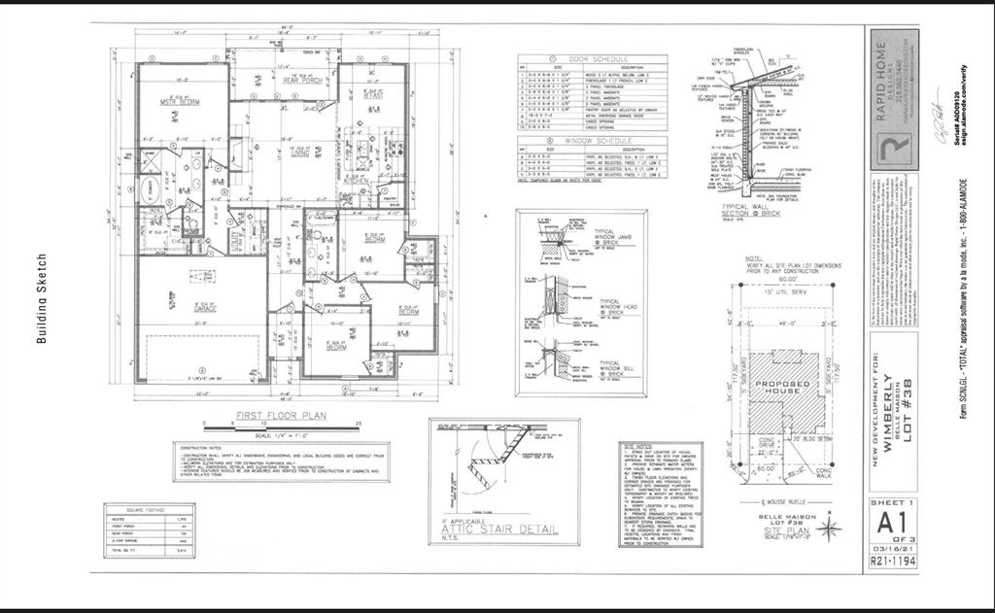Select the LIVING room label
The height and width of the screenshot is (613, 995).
[300, 153]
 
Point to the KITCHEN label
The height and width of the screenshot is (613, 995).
[357, 181]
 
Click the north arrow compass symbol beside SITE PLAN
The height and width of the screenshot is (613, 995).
[829, 528]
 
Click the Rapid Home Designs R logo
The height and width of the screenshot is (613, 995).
[891, 153]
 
